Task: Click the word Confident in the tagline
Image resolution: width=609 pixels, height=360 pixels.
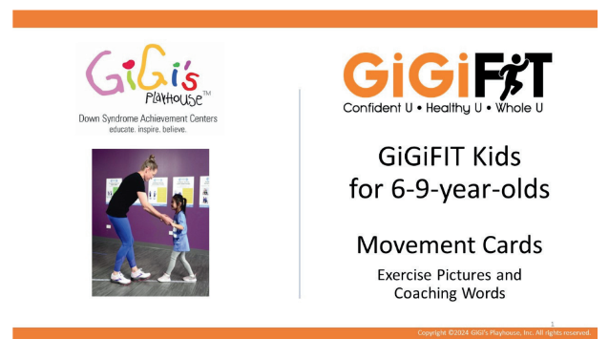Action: tap(378, 108)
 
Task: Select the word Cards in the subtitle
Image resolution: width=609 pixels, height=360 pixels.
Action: tap(510, 244)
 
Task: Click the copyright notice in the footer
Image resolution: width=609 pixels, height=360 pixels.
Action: tap(505, 332)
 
